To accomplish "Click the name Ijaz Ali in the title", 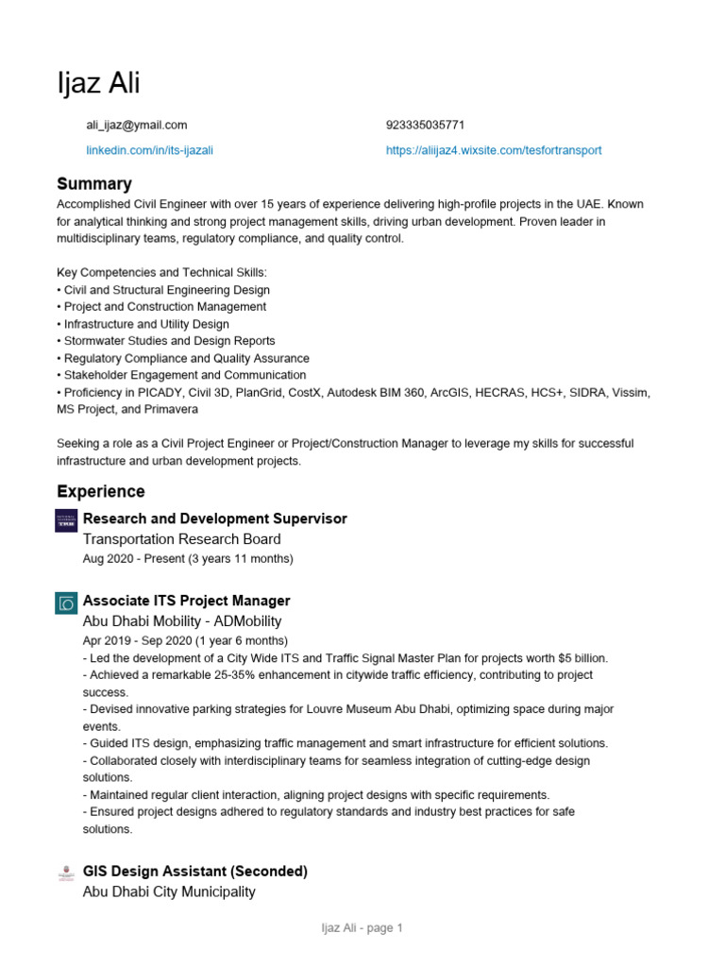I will pos(98,83).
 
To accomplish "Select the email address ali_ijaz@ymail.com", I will pos(137,125).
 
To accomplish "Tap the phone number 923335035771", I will pos(425,125).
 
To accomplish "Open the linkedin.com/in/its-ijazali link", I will pos(150,150).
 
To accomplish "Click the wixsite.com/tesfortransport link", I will pos(494,150).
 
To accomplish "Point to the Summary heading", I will pos(94,183).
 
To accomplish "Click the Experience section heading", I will pos(101,491).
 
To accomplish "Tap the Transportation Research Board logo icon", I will pos(67,519).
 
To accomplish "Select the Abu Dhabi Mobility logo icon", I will pos(67,602).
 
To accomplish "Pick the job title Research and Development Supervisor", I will pos(215,518).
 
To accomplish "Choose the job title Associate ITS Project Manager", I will pos(187,601).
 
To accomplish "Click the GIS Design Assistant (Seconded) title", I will pos(195,871).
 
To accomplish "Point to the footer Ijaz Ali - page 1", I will pos(362,928).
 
